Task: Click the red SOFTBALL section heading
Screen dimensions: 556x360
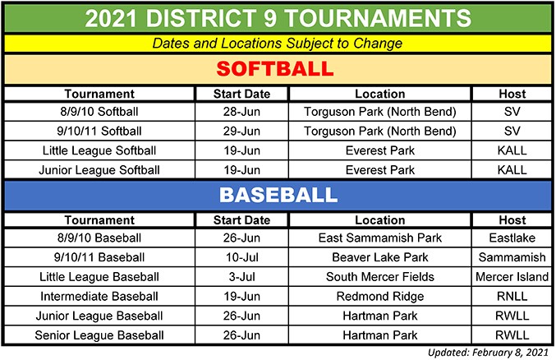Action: tap(275, 68)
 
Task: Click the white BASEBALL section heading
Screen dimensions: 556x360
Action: tap(278, 195)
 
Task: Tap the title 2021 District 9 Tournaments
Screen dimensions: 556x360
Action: tap(278, 18)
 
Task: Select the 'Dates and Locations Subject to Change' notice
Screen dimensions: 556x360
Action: tap(278, 44)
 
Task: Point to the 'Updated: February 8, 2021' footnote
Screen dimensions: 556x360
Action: tap(488, 352)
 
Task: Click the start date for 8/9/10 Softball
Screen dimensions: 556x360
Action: tap(241, 112)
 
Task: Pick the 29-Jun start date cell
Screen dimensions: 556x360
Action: tap(241, 131)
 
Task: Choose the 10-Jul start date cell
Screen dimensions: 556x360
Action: tap(241, 257)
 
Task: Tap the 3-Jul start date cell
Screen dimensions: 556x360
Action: tap(241, 276)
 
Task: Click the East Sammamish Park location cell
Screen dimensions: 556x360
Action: tap(380, 238)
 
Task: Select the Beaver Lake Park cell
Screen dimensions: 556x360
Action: tap(380, 257)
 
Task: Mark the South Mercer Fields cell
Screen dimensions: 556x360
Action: tap(380, 276)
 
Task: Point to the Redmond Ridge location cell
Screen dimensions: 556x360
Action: tap(380, 296)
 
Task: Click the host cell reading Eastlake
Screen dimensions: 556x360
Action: tap(512, 238)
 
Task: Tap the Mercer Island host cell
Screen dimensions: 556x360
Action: tap(512, 276)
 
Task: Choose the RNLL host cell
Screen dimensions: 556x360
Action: tap(512, 296)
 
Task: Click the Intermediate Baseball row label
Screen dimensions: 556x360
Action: tap(99, 296)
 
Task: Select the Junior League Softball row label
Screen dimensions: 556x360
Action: tap(99, 170)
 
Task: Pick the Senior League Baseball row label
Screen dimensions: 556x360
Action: tap(99, 335)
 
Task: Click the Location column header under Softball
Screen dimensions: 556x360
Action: tap(380, 94)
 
